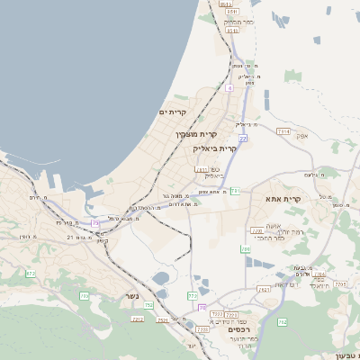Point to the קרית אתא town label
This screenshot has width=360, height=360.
coord(282,197)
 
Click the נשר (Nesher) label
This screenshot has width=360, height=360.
coord(130,294)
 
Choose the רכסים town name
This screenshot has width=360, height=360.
coord(238,330)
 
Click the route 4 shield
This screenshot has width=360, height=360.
coord(229,88)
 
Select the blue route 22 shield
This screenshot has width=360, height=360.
coord(243,138)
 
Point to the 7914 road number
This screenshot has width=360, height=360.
coord(283,131)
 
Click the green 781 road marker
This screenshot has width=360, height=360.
coord(235,191)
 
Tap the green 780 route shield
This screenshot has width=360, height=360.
coord(245,248)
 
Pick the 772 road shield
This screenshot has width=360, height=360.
coord(192,295)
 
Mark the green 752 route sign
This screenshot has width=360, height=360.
coord(148,306)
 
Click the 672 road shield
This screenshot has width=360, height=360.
coord(31,273)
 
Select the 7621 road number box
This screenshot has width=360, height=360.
coord(264,290)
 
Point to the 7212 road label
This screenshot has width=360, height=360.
coord(138,319)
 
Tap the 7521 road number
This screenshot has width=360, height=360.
coord(162,319)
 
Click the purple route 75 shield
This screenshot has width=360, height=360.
coord(96,222)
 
